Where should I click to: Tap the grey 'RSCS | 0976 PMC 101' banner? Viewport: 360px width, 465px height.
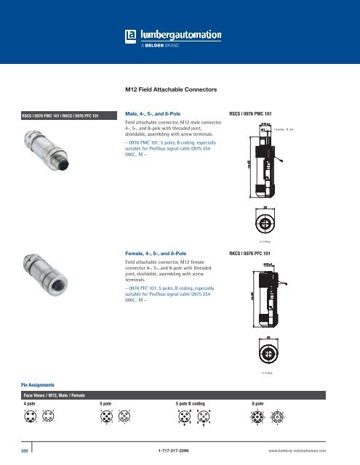[x=60, y=115]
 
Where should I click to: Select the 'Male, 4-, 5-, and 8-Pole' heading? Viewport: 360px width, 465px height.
[x=156, y=114]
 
